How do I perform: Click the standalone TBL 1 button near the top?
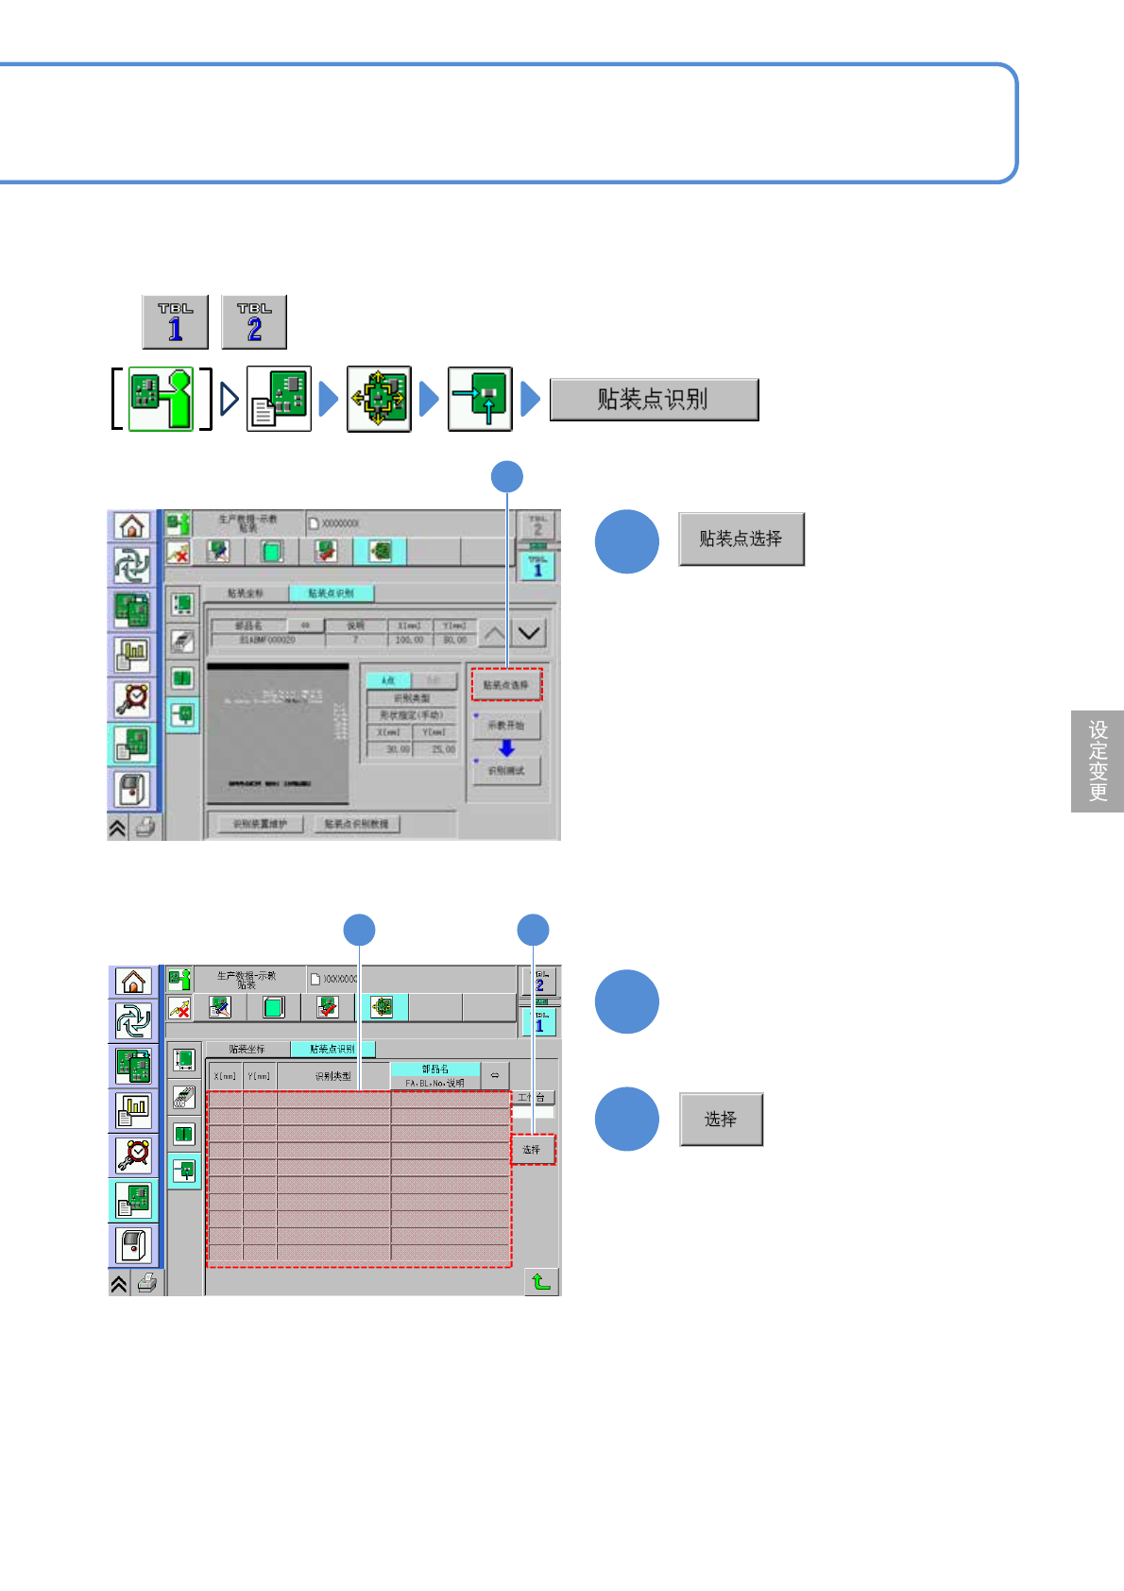175,322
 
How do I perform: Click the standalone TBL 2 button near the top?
254,322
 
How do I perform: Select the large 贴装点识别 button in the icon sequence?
654,400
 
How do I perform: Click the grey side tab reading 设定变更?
1098,761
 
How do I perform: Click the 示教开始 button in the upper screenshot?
506,726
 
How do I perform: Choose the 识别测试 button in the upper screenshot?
506,771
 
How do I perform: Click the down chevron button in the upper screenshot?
529,633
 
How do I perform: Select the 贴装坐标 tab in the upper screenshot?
246,593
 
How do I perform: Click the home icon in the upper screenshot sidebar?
132,526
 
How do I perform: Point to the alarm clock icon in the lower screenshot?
133,1154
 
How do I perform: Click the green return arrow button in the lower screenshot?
541,1281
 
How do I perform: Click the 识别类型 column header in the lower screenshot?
332,1076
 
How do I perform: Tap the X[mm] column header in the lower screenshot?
225,1076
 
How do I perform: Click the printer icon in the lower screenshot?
146,1283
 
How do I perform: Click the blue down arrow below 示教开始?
507,748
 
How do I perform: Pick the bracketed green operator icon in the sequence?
161,400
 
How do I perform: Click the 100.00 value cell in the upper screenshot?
409,641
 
